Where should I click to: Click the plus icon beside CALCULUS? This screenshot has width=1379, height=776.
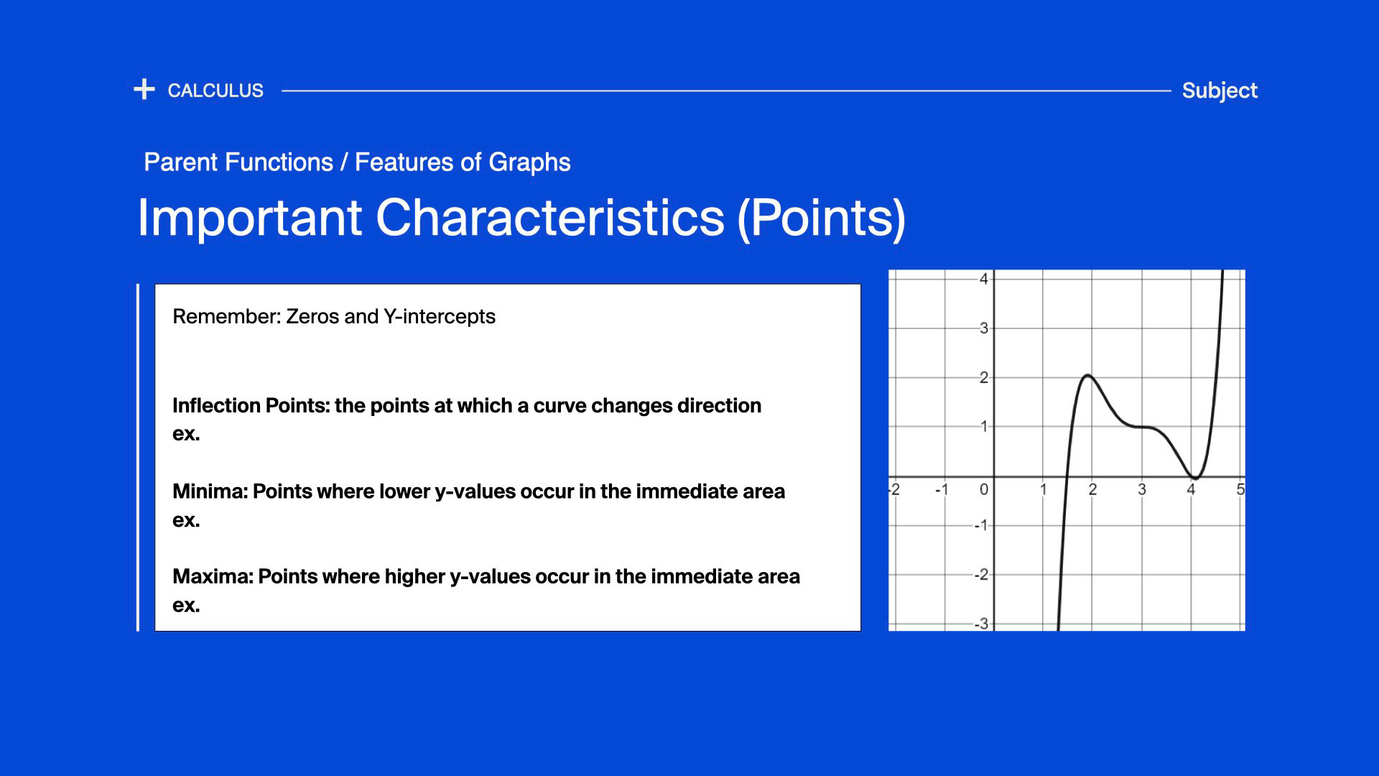pos(144,90)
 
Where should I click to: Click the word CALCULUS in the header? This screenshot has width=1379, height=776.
pos(215,91)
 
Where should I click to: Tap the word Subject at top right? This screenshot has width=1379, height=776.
pos(1220,91)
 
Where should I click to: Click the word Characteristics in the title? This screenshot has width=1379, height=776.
pos(550,217)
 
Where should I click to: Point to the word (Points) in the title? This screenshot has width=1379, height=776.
pos(822,218)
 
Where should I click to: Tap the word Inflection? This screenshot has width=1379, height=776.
pos(216,405)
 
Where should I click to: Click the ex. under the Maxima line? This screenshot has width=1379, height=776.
pos(186,606)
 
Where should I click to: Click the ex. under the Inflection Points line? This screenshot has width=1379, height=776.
pos(186,435)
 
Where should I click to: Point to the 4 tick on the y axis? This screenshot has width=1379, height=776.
pos(984,279)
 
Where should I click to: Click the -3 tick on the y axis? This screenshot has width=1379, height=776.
pos(981,624)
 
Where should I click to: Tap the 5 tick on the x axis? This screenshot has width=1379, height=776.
pos(1240,489)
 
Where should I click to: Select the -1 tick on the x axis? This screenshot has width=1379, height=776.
pos(942,489)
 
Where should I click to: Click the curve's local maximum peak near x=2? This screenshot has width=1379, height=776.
pos(1087,375)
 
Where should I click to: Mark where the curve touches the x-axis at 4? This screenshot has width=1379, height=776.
pos(1194,478)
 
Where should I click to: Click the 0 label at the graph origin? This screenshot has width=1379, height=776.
pos(984,489)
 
